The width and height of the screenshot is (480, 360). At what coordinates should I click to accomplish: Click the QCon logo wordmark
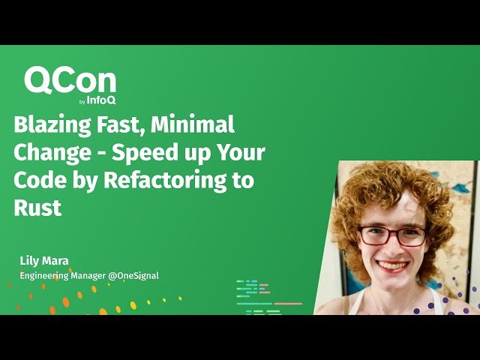[x=70, y=81]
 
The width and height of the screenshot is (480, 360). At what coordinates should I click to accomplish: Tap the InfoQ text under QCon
[x=102, y=100]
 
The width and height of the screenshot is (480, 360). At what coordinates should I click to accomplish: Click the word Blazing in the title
[x=45, y=124]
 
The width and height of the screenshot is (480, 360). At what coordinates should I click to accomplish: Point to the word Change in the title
[x=43, y=152]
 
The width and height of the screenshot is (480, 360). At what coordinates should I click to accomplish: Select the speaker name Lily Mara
[x=43, y=261]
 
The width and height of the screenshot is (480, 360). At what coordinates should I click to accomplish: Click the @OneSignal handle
[x=133, y=275]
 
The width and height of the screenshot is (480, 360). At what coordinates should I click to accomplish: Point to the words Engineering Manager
[x=62, y=275]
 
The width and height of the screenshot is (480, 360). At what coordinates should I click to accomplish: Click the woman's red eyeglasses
[x=391, y=235]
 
